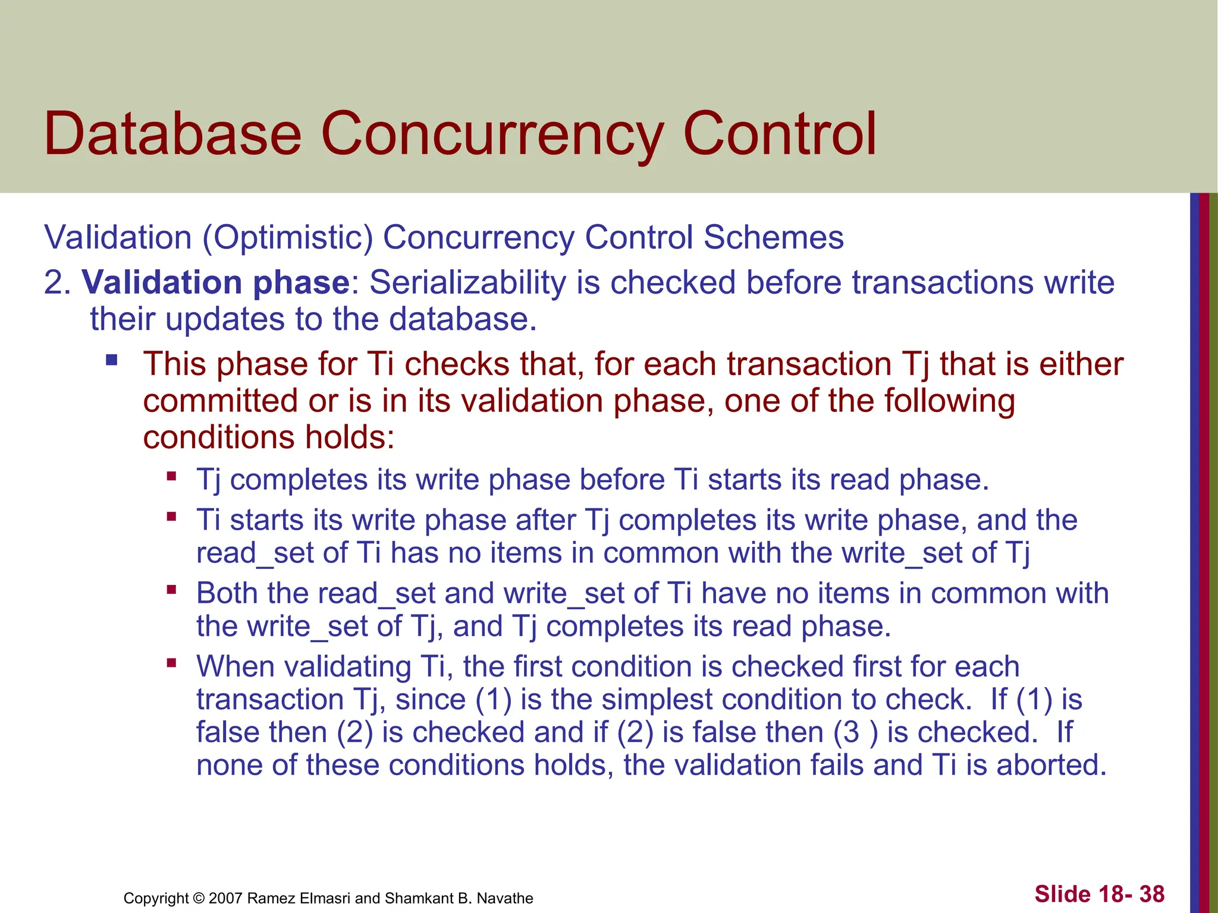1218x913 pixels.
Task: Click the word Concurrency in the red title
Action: click(x=491, y=136)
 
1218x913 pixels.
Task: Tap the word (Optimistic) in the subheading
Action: click(x=287, y=238)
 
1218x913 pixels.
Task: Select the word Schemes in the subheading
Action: click(x=773, y=238)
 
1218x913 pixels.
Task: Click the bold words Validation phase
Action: click(x=215, y=282)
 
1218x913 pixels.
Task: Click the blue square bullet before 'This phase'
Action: click(x=112, y=360)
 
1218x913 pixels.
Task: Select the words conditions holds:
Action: click(x=269, y=437)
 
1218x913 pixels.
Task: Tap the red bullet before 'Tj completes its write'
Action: click(x=172, y=476)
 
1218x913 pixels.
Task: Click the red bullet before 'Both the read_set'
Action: click(x=172, y=590)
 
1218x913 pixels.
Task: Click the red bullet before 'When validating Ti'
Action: click(x=172, y=663)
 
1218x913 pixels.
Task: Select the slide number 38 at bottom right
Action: click(x=1152, y=894)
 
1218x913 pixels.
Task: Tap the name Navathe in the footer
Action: click(x=505, y=898)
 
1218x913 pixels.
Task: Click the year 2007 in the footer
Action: click(x=225, y=898)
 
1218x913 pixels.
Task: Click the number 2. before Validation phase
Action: click(x=57, y=282)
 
